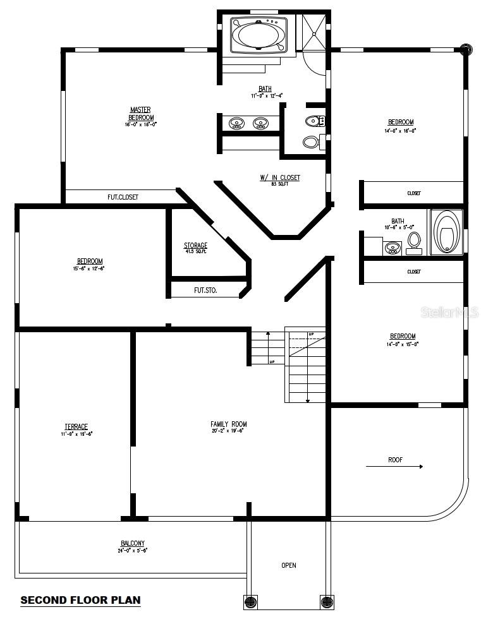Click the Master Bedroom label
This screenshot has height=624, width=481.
(x=140, y=114)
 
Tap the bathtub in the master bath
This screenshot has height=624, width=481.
(x=259, y=34)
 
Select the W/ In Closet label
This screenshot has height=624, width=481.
(x=280, y=178)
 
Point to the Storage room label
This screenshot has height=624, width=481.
(x=195, y=246)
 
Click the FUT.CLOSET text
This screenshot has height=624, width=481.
(x=123, y=197)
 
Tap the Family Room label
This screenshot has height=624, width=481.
(x=229, y=424)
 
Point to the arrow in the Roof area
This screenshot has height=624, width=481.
(x=394, y=467)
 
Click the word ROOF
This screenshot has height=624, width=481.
(x=395, y=460)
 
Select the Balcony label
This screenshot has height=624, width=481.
(x=133, y=543)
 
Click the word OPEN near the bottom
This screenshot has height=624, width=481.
(x=288, y=565)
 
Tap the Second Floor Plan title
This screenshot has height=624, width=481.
(x=80, y=600)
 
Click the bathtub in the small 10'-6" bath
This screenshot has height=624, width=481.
(x=446, y=232)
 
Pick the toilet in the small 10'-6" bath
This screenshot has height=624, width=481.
(x=415, y=241)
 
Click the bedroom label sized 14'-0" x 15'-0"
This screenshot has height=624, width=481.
(x=402, y=336)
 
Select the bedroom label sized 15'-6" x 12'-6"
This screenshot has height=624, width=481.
(x=90, y=261)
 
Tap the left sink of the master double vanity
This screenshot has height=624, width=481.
(x=237, y=123)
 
